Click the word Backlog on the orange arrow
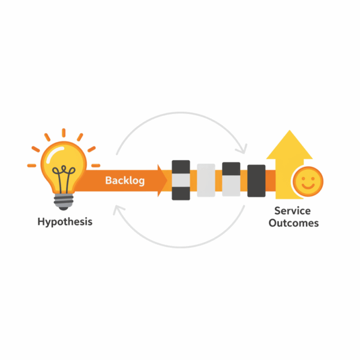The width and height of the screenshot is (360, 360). pyautogui.click(x=125, y=181)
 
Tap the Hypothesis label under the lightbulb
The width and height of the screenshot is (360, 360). pyautogui.click(x=65, y=222)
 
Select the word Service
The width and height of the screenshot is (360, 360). pyautogui.click(x=293, y=211)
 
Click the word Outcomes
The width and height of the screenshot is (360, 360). pyautogui.click(x=293, y=223)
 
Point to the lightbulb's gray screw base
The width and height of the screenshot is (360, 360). pyautogui.click(x=64, y=202)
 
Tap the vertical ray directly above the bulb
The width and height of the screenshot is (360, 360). pyautogui.click(x=64, y=133)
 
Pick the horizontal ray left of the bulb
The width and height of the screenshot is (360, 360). pyautogui.click(x=32, y=166)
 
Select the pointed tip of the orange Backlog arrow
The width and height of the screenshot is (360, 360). pyautogui.click(x=167, y=181)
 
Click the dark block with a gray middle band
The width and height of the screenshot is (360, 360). pyautogui.click(x=181, y=180)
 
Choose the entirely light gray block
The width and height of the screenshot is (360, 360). pyautogui.click(x=206, y=180)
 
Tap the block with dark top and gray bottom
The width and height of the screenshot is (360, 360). pyautogui.click(x=231, y=179)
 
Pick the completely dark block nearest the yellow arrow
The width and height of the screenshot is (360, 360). pyautogui.click(x=256, y=181)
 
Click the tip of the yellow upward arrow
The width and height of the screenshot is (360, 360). pyautogui.click(x=290, y=130)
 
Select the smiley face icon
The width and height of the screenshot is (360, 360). pyautogui.click(x=308, y=181)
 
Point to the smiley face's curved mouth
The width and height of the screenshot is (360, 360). pyautogui.click(x=308, y=186)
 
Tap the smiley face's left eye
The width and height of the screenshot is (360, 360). pyautogui.click(x=303, y=178)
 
